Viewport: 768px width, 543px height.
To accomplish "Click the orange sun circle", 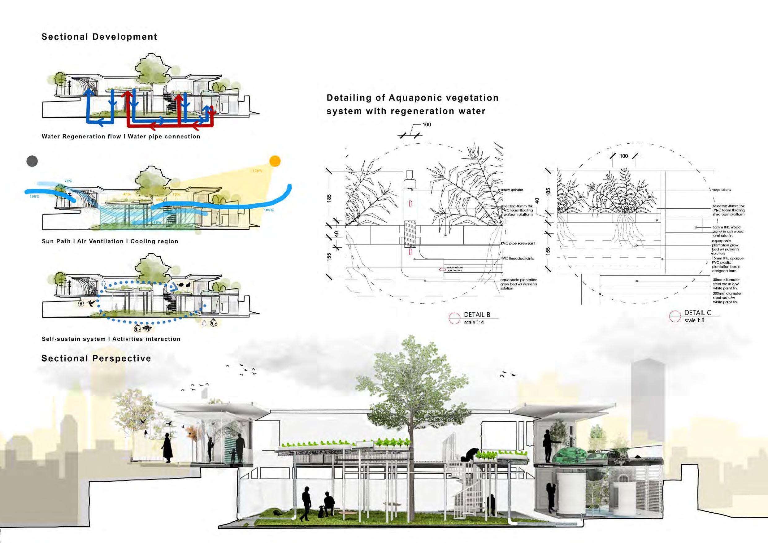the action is [x=275, y=161].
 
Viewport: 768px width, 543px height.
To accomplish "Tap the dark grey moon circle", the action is [x=32, y=161].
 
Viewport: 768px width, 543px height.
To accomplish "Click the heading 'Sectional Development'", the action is [x=99, y=37].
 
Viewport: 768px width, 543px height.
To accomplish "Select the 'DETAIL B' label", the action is [x=477, y=315].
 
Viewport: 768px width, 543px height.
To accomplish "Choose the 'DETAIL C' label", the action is [x=697, y=312].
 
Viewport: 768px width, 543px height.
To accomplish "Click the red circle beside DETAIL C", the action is [x=675, y=316].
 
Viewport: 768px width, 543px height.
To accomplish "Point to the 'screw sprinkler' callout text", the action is [x=512, y=190].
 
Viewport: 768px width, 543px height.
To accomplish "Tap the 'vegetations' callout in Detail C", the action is [x=721, y=190].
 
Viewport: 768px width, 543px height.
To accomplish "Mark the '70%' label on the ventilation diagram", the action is [x=68, y=181].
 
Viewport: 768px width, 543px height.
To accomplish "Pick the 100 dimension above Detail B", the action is [x=427, y=125].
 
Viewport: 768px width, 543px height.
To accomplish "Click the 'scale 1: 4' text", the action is [x=474, y=322].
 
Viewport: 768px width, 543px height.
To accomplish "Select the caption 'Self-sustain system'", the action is [x=74, y=339].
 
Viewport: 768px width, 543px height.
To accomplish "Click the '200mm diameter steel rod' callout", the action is [x=727, y=298].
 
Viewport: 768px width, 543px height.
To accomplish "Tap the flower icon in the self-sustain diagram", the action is [x=80, y=303].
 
